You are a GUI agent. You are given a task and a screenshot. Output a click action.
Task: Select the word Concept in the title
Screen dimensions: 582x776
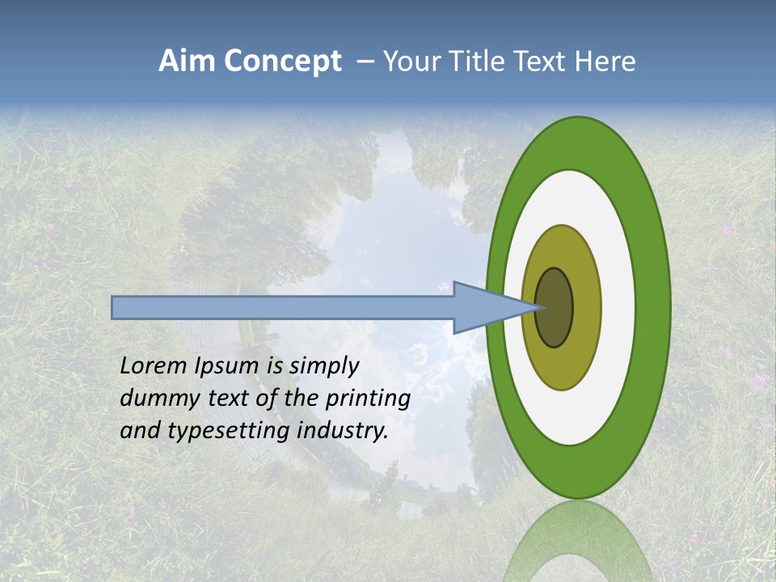click(x=283, y=62)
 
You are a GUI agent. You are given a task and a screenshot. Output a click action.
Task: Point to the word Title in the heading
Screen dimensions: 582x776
click(x=485, y=61)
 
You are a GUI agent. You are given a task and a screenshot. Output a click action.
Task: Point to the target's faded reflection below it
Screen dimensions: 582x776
click(x=578, y=542)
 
